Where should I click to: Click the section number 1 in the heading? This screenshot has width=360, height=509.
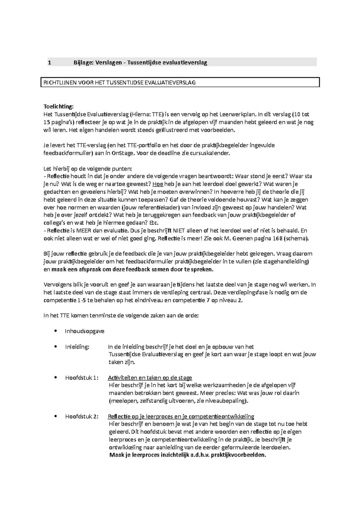tap(49, 63)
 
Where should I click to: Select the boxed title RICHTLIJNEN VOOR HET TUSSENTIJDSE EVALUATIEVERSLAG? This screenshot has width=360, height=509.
tap(120, 82)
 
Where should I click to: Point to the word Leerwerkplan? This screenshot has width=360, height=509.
tap(238, 114)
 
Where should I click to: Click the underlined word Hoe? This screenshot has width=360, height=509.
tap(158, 184)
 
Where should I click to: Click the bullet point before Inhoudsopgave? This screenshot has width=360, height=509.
tap(55, 331)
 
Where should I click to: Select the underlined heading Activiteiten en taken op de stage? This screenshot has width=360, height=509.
tap(150, 378)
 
